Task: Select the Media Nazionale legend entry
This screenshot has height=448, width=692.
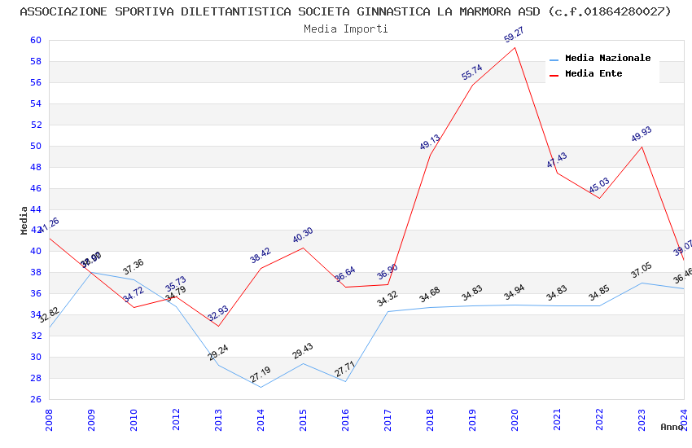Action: pos(607,59)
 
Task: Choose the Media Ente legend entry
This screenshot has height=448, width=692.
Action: pos(593,74)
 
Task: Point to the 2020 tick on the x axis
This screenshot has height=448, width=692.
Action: pos(515,419)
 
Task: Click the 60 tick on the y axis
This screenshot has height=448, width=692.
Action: pos(35,40)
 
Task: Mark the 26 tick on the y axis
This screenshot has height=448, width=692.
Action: pos(35,399)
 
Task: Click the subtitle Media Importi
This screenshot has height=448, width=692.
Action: pos(346,29)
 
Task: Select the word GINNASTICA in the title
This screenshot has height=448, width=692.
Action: pos(393,11)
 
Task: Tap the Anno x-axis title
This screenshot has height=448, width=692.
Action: pos(672,427)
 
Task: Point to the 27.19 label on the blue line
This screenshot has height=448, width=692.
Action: pos(261,375)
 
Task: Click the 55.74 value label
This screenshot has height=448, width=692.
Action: pos(472,72)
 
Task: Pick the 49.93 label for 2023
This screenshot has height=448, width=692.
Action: pos(642,134)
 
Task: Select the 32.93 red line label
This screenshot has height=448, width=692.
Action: pos(218,314)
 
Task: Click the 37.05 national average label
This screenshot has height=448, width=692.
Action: pos(642,270)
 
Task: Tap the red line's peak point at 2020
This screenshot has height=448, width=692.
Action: pos(515,47)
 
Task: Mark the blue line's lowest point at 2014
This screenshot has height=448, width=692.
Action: pos(261,387)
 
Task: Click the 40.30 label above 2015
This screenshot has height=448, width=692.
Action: pos(303,235)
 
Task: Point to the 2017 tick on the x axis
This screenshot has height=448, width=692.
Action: pos(388,419)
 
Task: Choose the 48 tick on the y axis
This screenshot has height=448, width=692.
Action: pos(35,167)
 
